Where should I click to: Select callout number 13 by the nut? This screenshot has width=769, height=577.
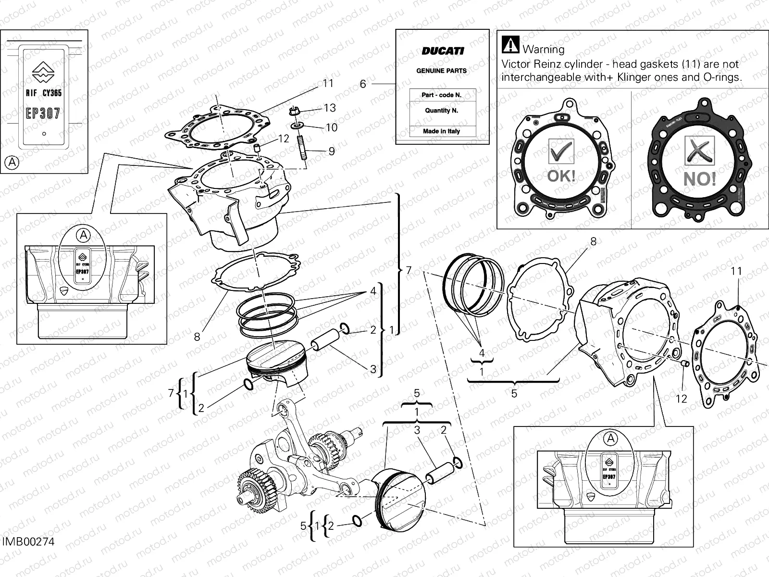[330, 108]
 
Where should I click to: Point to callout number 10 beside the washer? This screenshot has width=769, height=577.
[332, 127]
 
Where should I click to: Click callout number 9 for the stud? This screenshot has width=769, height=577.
[332, 151]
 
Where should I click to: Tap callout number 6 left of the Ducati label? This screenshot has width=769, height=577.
[363, 84]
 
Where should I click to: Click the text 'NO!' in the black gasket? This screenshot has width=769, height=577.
[700, 179]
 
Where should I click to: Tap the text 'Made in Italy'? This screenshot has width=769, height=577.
[441, 131]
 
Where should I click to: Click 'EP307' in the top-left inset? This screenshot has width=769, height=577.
[43, 113]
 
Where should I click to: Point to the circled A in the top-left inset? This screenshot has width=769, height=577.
[12, 163]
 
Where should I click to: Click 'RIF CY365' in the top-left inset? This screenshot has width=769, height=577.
[43, 93]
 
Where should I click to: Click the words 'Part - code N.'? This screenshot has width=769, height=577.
[441, 95]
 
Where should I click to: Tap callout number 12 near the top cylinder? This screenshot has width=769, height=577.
[284, 138]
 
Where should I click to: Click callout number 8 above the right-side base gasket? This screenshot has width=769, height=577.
[593, 241]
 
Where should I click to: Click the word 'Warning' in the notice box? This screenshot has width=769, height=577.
[543, 49]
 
